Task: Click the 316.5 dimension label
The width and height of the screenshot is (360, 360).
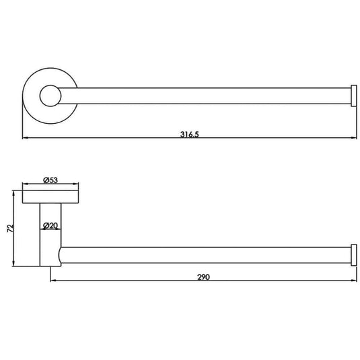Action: [189, 135]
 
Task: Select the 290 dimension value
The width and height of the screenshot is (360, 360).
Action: [203, 277]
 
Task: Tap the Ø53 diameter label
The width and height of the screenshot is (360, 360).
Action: [50, 180]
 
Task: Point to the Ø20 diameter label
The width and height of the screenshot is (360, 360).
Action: [50, 225]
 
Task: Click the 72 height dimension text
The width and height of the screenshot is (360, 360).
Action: [10, 228]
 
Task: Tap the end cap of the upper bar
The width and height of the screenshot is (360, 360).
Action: [354, 96]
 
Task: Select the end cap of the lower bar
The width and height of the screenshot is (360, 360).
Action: [354, 255]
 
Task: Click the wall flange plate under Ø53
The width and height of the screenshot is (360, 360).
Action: [50, 196]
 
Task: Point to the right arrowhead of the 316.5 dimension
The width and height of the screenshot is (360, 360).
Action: [354, 138]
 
